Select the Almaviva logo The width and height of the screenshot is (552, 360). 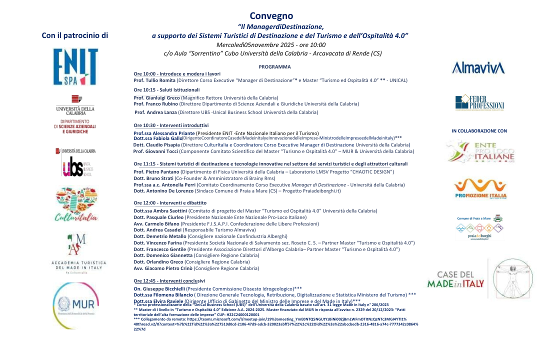pyautogui.click(x=478, y=68)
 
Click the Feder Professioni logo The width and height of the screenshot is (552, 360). pyautogui.click(x=479, y=102)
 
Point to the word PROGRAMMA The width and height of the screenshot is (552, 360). pyautogui.click(x=274, y=66)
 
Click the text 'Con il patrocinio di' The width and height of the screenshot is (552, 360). pyautogui.click(x=75, y=35)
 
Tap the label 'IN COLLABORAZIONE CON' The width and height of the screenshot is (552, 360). pyautogui.click(x=479, y=131)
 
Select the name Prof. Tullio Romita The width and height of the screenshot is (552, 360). pyautogui.click(x=154, y=80)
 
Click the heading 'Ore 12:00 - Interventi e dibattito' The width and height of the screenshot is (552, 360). pyautogui.click(x=170, y=203)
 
